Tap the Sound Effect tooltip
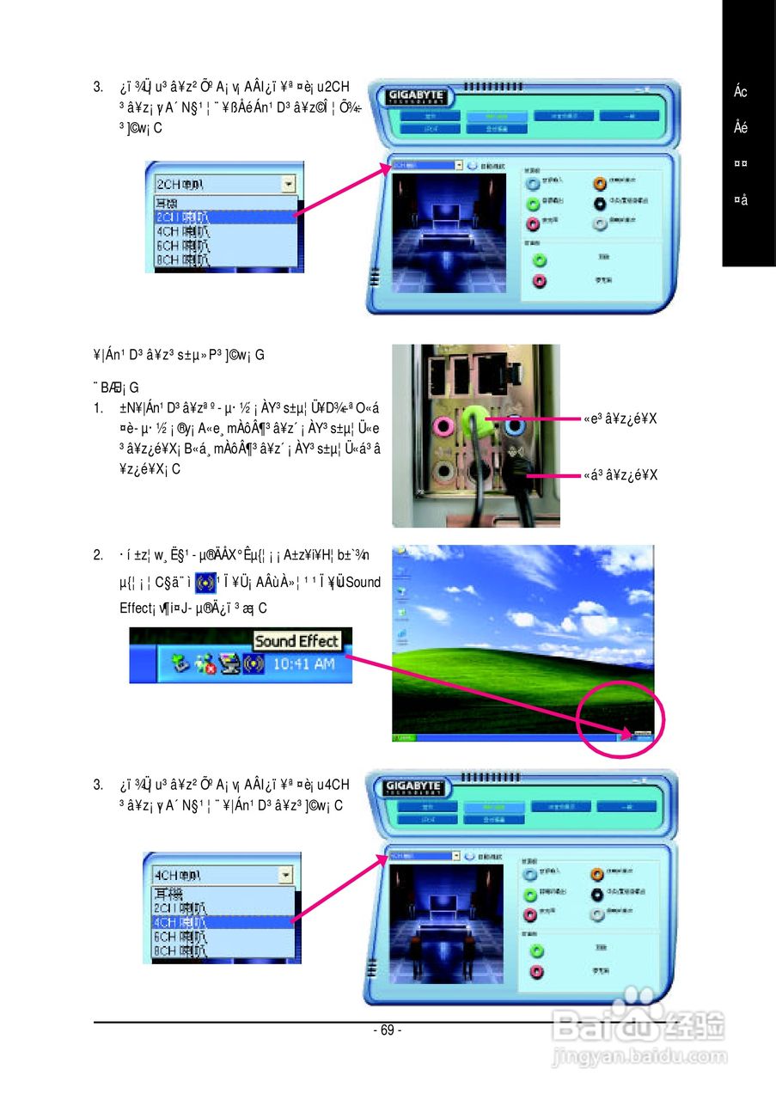click(297, 641)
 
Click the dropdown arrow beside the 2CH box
click(288, 184)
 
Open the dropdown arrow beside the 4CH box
click(285, 875)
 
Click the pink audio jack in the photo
click(445, 425)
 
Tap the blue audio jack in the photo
click(515, 424)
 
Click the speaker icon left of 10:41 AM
click(253, 664)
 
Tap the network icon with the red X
click(205, 664)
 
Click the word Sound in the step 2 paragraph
click(364, 583)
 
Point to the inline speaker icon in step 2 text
click(205, 583)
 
